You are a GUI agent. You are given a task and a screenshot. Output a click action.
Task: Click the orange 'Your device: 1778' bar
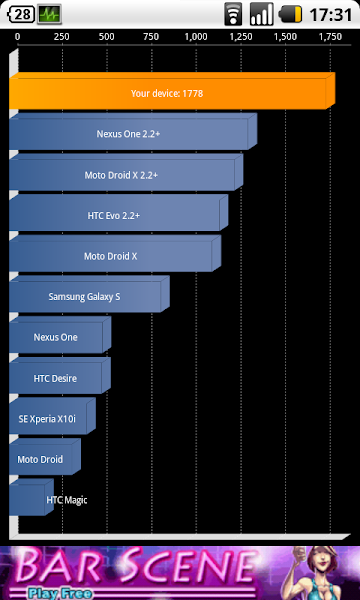[x=170, y=93]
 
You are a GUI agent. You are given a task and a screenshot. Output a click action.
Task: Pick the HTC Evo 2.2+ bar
[x=116, y=215]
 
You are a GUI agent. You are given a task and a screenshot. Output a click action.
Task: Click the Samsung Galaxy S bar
[x=86, y=296]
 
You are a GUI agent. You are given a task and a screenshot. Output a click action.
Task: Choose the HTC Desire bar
[x=56, y=378]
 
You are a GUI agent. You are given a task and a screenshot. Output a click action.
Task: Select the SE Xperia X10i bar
[x=50, y=419]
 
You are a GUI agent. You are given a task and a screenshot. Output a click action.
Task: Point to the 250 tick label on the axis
[x=61, y=36]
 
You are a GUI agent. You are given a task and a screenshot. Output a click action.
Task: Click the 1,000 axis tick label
[x=196, y=36]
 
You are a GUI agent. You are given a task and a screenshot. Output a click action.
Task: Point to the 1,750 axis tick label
[x=329, y=36]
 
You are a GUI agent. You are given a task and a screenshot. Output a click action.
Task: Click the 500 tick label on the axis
[x=106, y=36]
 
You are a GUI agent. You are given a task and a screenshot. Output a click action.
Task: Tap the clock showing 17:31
[x=331, y=15]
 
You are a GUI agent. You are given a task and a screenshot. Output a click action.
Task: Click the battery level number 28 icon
[x=20, y=15]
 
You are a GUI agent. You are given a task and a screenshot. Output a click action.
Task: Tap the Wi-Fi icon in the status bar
[x=233, y=15]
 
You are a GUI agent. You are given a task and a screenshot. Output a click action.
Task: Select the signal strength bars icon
[x=261, y=15]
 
